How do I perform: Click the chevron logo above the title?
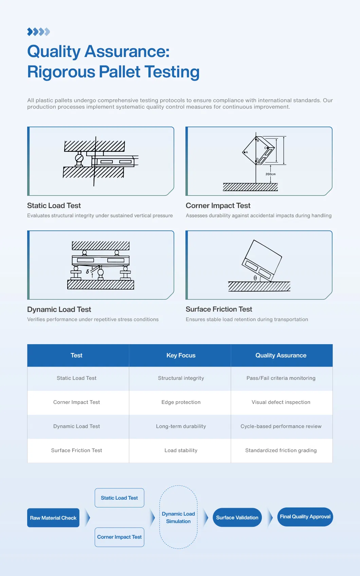[38, 32]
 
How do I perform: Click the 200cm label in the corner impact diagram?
[270, 174]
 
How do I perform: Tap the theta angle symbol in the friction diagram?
[255, 278]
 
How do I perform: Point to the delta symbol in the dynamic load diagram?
[87, 272]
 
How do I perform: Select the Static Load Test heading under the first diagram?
[54, 206]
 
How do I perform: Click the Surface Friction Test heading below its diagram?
[219, 309]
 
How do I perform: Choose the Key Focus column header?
[181, 355]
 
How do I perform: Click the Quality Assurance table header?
[281, 355]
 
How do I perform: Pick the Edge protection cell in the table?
[181, 402]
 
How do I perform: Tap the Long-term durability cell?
[181, 426]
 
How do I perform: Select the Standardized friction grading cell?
[281, 450]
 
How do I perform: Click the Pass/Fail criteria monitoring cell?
[281, 378]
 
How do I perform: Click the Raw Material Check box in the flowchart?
[53, 518]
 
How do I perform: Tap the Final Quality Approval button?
[305, 517]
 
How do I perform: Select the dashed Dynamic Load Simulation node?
[178, 518]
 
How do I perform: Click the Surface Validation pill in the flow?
[237, 518]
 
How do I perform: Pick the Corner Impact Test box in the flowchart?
[119, 537]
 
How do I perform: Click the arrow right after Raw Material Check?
[88, 518]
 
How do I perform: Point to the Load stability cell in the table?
[181, 450]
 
